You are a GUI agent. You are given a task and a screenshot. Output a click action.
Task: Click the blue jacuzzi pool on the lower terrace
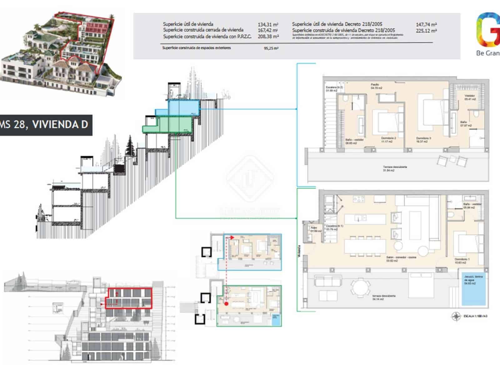coord(474,288)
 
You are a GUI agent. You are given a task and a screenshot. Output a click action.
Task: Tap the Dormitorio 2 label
coord(388,140)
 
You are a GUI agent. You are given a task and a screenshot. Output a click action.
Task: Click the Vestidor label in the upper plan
coord(470,97)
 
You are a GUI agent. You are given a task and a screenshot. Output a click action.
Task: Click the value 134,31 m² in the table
coord(268,24)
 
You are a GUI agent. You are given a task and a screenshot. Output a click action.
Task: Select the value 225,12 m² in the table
coord(426,31)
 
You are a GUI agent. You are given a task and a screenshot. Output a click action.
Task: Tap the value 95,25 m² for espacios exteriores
coord(271,48)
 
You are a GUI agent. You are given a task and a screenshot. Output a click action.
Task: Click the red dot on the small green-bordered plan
coord(227,303)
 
